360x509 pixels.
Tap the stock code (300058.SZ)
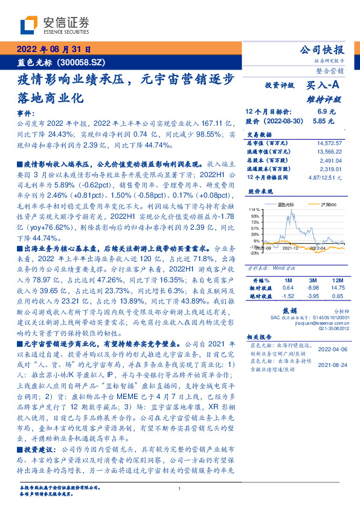point(83,62)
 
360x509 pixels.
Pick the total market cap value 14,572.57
point(329,143)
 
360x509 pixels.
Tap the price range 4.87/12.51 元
point(326,178)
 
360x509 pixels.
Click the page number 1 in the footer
point(180,489)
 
